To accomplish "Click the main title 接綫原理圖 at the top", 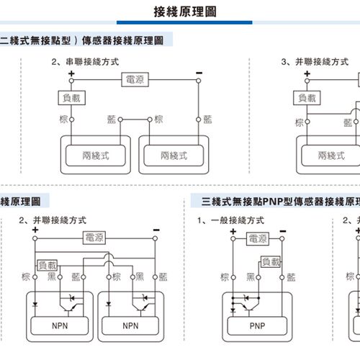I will pos(182,12).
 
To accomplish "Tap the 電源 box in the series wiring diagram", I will pos(134,79).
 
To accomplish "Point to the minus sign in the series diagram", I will pos(198,73).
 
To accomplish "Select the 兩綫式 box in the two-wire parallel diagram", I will pos(331,155).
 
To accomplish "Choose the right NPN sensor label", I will pos(130,325).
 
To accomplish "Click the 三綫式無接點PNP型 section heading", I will pos(281,201).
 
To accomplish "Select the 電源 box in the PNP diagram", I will pos(258,238).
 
